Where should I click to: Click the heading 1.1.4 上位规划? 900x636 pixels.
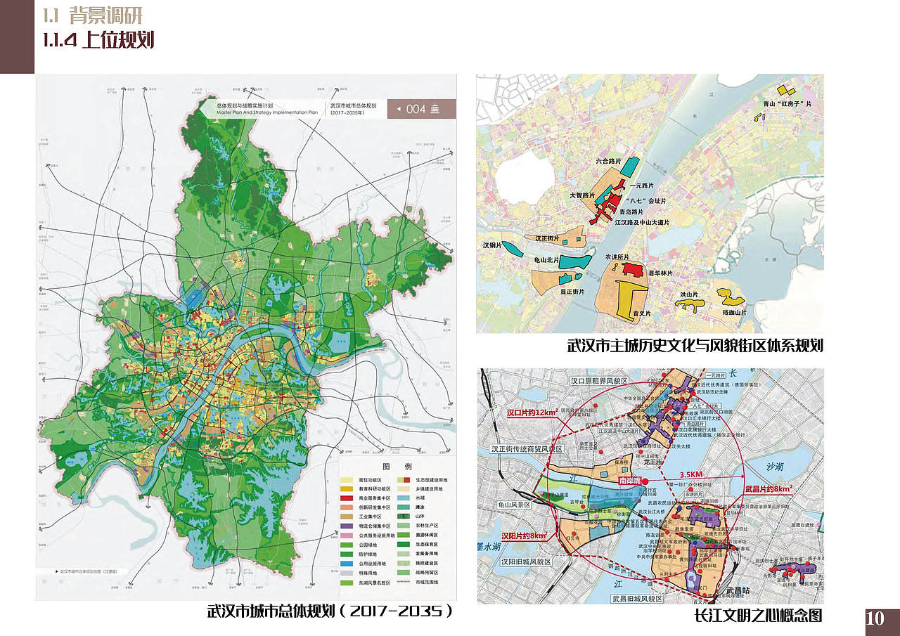(x=98, y=40)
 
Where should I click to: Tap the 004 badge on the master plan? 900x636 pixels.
(x=421, y=109)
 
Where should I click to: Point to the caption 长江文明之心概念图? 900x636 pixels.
(x=757, y=616)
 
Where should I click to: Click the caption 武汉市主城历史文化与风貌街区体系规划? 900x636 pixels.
(x=695, y=346)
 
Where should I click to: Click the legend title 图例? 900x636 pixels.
(x=392, y=466)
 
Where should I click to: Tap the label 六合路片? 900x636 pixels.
(x=600, y=161)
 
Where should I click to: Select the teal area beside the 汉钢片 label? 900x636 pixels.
(x=513, y=248)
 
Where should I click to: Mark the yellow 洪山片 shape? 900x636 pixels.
(x=690, y=304)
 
